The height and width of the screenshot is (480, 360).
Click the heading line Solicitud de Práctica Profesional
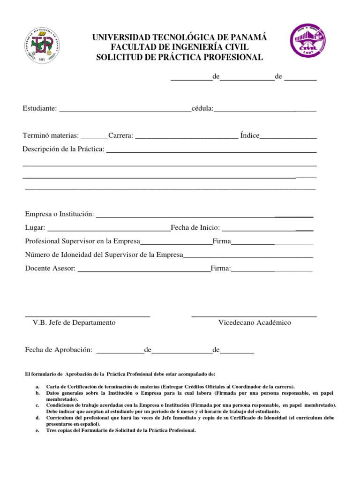click(180, 57)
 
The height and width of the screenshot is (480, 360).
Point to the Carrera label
click(121, 135)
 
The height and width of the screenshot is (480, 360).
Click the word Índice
click(249, 135)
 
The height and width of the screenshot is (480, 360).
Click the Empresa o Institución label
click(60, 214)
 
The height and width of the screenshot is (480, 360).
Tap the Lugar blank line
click(109, 230)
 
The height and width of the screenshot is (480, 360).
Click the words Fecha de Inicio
click(195, 228)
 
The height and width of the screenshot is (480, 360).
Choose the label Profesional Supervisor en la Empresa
click(82, 241)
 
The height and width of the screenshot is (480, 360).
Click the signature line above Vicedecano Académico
click(254, 317)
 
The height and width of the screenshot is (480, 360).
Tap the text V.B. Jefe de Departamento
click(74, 322)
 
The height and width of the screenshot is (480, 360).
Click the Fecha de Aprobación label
click(59, 350)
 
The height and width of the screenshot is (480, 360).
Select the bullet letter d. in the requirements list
click(37, 417)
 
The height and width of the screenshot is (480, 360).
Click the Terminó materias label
click(51, 135)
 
